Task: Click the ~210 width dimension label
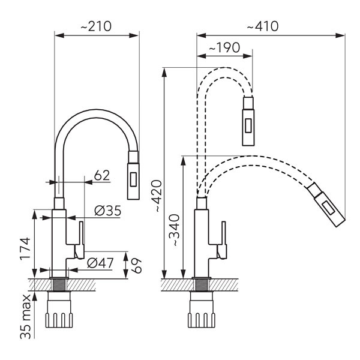pos(96,27)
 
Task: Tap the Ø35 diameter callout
pos(108,211)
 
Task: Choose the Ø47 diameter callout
pos(100,262)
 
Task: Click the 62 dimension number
pos(103,175)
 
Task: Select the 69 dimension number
pos(137,264)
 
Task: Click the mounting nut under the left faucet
pos(60,313)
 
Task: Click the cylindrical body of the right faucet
pos(203,240)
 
